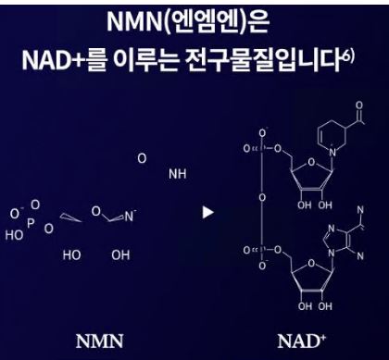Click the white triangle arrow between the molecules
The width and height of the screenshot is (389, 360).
point(207,212)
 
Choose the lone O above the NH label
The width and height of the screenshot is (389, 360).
point(141,159)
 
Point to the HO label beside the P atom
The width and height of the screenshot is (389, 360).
point(14,235)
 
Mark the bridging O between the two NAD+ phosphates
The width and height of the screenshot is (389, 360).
point(262,196)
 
